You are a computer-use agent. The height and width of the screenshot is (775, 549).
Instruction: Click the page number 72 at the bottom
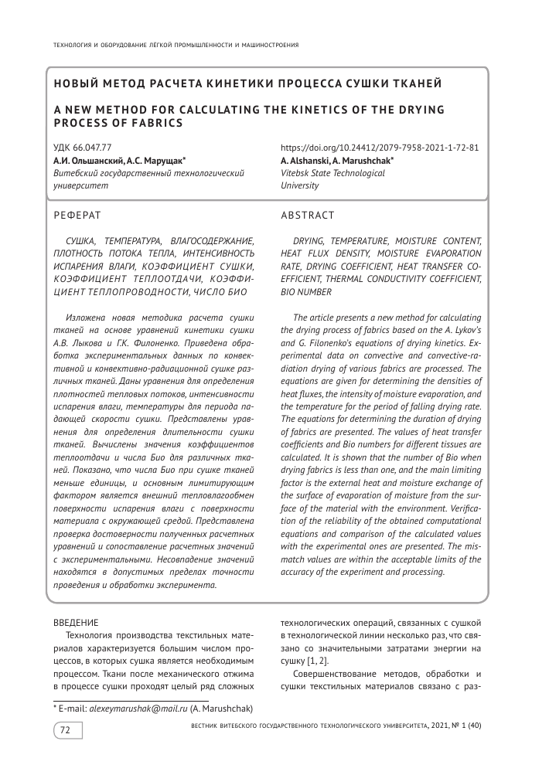(x=66, y=729)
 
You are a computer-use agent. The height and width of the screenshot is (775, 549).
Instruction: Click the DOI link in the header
(x=379, y=148)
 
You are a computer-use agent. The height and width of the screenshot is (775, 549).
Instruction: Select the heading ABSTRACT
(x=308, y=215)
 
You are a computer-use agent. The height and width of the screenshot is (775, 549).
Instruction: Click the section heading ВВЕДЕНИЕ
(x=75, y=623)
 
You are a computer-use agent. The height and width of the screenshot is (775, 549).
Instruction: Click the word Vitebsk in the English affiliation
(x=297, y=173)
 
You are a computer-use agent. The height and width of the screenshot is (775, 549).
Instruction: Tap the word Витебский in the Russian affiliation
(x=78, y=173)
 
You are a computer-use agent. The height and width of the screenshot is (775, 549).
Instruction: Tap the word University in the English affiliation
(x=299, y=185)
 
